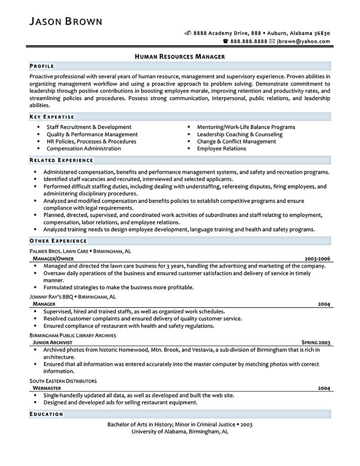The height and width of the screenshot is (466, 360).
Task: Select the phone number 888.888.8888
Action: click(x=249, y=41)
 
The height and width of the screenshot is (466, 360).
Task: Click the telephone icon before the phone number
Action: click(x=226, y=41)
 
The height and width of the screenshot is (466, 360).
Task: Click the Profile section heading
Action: click(x=42, y=66)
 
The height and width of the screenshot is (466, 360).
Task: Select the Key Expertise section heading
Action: click(x=52, y=117)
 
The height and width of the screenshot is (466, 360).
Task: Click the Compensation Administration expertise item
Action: click(x=84, y=149)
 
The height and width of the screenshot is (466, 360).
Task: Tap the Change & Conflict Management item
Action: click(x=236, y=141)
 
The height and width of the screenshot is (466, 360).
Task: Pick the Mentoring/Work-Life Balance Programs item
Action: click(x=246, y=127)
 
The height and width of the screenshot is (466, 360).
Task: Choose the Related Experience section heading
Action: click(x=61, y=160)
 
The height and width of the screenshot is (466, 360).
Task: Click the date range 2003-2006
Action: click(x=317, y=259)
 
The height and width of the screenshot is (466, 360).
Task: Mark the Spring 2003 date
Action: click(x=316, y=343)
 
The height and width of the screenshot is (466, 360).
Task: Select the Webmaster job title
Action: click(x=47, y=388)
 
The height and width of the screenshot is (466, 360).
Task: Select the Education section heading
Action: click(x=46, y=414)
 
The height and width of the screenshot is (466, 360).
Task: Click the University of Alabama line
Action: click(x=180, y=431)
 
